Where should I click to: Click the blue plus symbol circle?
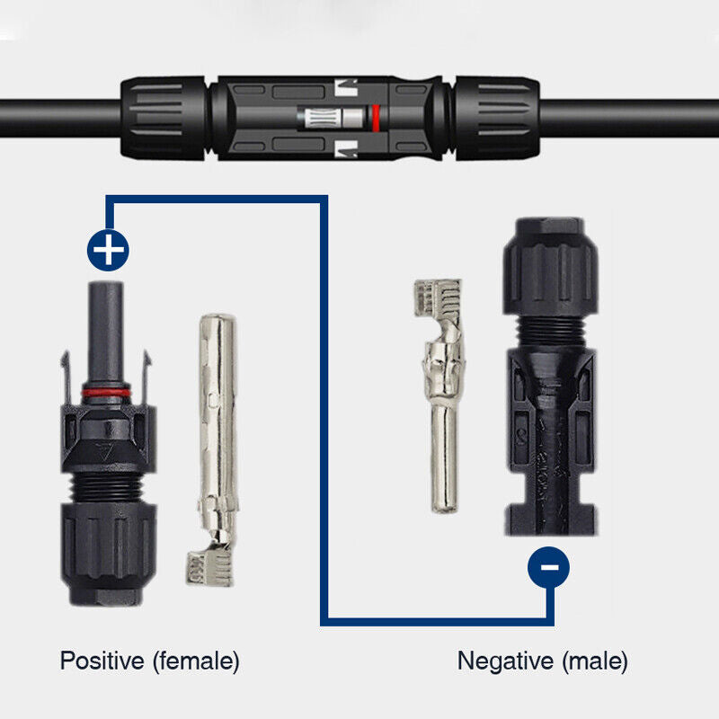point(108,250)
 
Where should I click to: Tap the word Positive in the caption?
point(102,661)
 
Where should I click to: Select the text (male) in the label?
point(595,662)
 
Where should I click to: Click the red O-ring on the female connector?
point(105,393)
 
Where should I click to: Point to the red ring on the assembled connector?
point(376,118)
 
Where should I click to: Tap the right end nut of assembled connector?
point(497,117)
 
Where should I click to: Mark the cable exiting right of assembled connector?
point(629,117)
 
